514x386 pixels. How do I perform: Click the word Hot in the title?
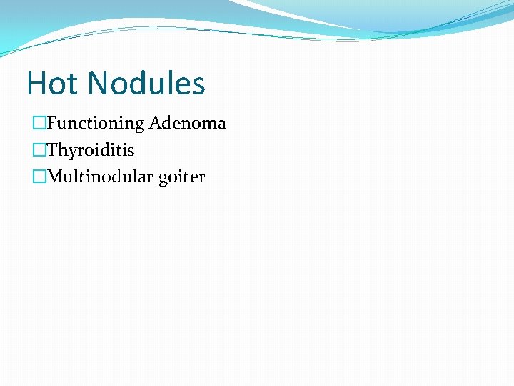tap(53, 84)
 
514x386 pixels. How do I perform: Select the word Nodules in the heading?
tap(146, 84)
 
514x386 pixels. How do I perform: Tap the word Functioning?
tap(96, 124)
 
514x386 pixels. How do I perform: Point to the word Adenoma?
tap(188, 124)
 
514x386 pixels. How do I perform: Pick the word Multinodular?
tap(100, 177)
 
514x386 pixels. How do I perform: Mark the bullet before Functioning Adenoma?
tap(39, 124)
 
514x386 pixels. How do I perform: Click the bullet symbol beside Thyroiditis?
tap(39, 151)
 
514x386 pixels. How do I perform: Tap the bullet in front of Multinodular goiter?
tap(39, 177)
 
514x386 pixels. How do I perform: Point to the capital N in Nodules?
tap(99, 84)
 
